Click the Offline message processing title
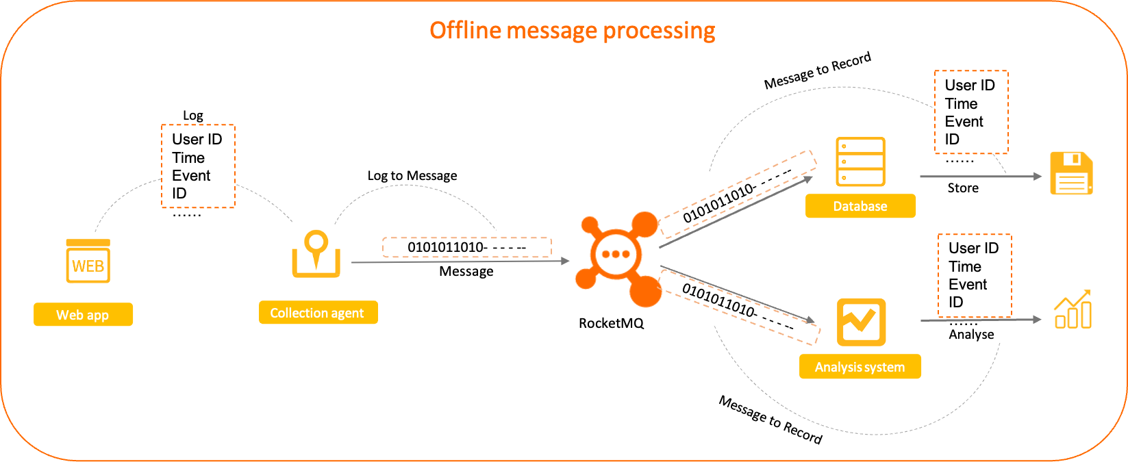coord(572,31)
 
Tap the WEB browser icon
coord(88,261)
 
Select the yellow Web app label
coord(83,315)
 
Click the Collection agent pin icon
coord(316,254)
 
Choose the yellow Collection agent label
coord(318,313)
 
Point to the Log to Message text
coord(412,176)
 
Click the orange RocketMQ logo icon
coord(617,259)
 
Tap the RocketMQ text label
coord(611,323)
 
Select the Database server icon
coord(860,162)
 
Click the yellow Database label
coord(860,206)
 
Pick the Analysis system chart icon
coord(861,322)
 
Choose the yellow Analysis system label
coord(860,367)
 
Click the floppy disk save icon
coord(1071,173)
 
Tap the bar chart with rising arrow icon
coord(1073,310)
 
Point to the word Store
coord(962,188)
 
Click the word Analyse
coord(971,335)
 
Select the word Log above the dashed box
coord(192,116)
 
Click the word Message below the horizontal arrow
coord(466,272)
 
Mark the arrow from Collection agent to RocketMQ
coord(459,261)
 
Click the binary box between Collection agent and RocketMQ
coord(466,247)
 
